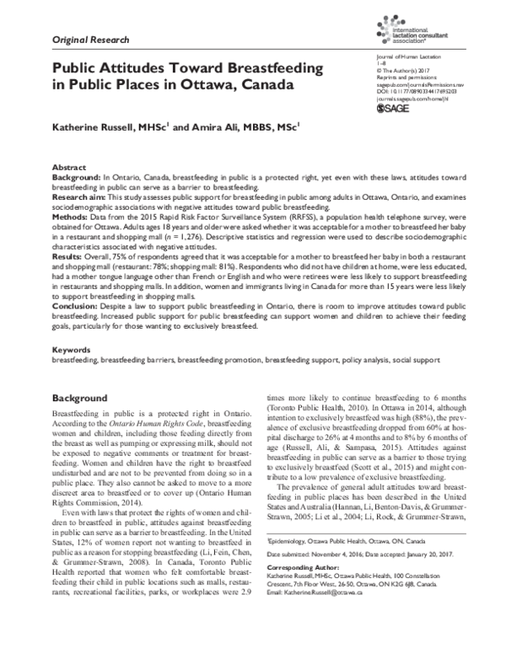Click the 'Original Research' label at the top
[90, 40]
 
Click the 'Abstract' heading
[69, 169]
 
